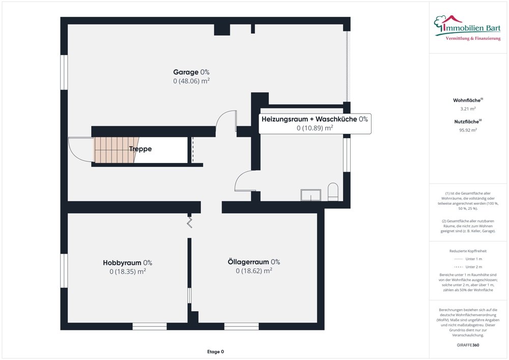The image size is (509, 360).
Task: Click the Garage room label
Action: click(x=191, y=72)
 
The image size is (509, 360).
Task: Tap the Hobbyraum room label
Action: click(x=127, y=263)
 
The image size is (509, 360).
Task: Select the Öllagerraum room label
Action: click(x=253, y=262)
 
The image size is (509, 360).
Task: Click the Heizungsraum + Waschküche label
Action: click(x=314, y=119)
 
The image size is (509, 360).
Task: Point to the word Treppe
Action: click(x=140, y=149)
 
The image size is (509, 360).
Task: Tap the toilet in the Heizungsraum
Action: click(x=333, y=191)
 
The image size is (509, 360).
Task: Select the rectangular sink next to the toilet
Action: click(x=310, y=195)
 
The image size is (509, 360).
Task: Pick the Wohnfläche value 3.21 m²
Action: click(x=468, y=109)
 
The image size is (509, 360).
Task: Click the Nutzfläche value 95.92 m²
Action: click(x=468, y=130)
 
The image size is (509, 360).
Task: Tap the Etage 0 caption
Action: click(x=215, y=352)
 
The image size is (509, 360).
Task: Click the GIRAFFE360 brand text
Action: click(x=468, y=345)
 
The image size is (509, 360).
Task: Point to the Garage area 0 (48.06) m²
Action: click(x=191, y=81)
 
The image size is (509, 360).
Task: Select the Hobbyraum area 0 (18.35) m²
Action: click(x=128, y=271)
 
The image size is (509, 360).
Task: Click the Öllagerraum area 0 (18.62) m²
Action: click(x=253, y=271)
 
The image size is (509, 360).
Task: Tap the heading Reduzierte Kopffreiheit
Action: click(x=468, y=252)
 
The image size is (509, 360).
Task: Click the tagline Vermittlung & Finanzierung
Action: click(x=473, y=39)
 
